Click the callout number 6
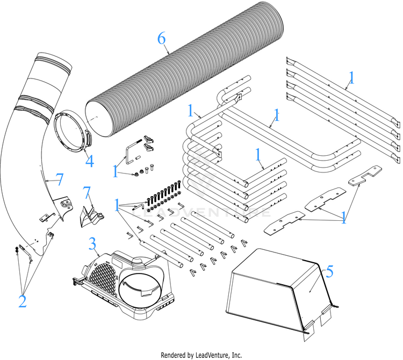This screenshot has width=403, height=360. coord(161,39)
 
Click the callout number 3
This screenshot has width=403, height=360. coord(92,246)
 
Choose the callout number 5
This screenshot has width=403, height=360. coord(329,271)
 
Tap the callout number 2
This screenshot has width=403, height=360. coord(21,301)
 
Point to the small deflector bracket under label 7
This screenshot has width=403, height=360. coord(89,215)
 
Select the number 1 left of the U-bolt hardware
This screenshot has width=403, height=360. coord(115,171)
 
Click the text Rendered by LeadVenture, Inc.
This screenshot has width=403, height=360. coord(201,355)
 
